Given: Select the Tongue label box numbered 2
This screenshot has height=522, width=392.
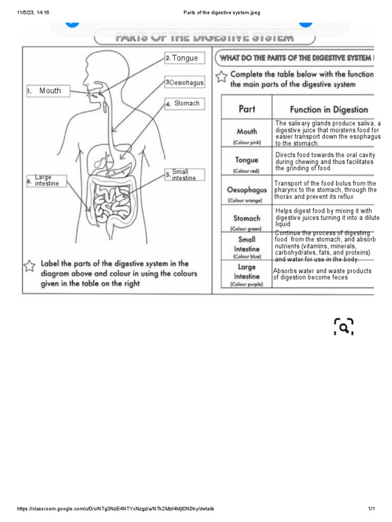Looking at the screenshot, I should coord(184,58).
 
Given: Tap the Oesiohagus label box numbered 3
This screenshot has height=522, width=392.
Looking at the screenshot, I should coord(184,82).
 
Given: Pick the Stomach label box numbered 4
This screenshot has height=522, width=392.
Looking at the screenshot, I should coord(184,103).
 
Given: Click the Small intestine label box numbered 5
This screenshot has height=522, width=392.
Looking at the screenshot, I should coord(184,175).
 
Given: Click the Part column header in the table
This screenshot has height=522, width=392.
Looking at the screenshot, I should coord(247,109).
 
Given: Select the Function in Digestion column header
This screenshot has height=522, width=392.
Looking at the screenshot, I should coord(329,109).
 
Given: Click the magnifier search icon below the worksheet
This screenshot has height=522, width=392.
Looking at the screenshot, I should coord(344,327).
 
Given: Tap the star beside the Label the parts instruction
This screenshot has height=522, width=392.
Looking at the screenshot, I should coord(30,266).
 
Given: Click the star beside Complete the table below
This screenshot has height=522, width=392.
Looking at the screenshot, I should coord(221,76).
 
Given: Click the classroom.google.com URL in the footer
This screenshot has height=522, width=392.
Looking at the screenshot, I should coord(115,509).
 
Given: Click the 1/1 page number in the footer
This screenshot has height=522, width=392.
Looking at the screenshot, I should coord(372,509).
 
